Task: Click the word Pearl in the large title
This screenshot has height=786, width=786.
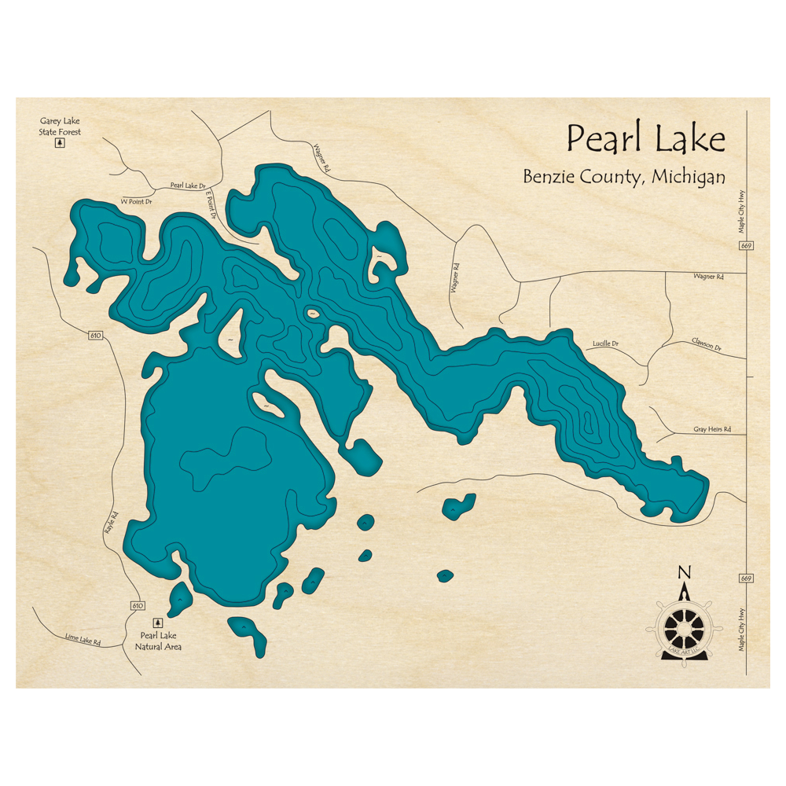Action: (x=606, y=140)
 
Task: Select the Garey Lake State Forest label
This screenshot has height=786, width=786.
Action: (x=60, y=127)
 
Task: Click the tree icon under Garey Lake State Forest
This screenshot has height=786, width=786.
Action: (x=59, y=144)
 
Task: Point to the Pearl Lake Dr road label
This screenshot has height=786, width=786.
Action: (x=187, y=186)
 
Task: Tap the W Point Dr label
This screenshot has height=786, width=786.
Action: (x=134, y=202)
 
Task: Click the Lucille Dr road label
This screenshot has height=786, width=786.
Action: (x=604, y=343)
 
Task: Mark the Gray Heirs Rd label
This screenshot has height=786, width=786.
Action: (x=712, y=429)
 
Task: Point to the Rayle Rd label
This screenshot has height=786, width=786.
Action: (x=110, y=524)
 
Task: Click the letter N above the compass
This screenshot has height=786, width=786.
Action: (x=685, y=572)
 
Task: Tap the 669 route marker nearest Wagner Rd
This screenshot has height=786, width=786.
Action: (x=745, y=247)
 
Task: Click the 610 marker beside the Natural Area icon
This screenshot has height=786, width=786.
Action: (x=138, y=605)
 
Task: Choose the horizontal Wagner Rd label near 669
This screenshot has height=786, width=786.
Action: (x=707, y=277)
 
